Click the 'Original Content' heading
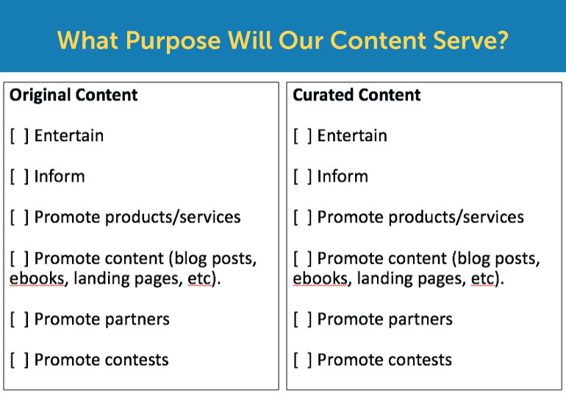74,95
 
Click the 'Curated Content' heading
357,95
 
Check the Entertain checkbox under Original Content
20,136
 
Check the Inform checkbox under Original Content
20,176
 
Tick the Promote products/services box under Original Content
20,218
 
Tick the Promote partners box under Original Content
20,319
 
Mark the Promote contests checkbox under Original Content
20,360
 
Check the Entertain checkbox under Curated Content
303,136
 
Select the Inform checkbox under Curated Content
303,176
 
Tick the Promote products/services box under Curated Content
303,218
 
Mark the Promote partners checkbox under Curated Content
303,319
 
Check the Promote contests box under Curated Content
303,360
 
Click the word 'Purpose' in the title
173,41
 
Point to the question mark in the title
502,40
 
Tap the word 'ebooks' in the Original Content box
37,279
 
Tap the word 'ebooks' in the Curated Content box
320,279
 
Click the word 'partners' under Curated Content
420,320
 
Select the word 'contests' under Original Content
137,360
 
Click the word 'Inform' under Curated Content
343,176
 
